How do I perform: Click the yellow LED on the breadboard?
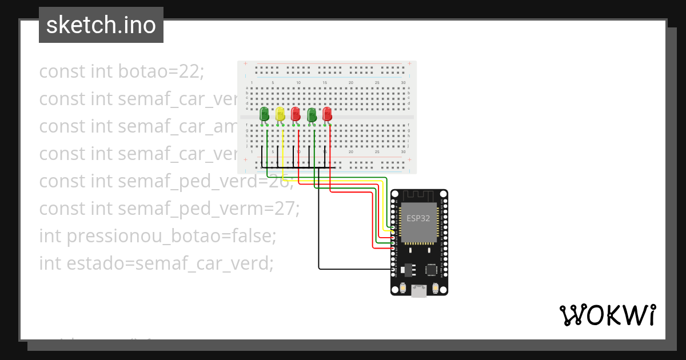pos(280,114)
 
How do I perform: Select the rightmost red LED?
pos(327,114)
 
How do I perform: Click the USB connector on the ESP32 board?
pos(419,291)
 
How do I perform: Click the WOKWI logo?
pos(607,315)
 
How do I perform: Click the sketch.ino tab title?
pos(101,25)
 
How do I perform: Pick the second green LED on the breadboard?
pos(312,114)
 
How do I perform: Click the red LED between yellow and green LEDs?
pos(296,114)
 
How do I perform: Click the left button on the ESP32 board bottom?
pos(403,289)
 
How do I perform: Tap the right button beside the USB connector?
pos(436,289)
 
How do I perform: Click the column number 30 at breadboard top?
pos(404,83)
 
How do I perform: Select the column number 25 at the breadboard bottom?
pos(377,152)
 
